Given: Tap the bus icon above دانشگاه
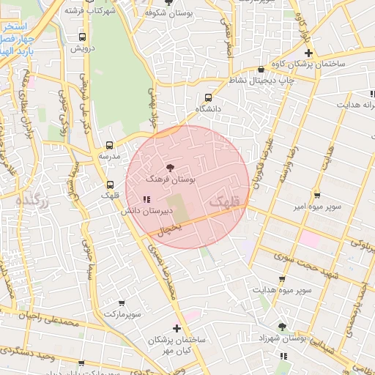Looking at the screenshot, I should [x=209, y=97].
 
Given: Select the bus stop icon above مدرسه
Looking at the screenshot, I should [x=109, y=145].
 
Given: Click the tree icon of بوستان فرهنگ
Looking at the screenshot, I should [x=171, y=168].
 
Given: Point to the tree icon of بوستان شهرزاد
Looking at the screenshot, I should [x=282, y=327].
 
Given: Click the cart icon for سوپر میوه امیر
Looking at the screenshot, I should [x=316, y=196].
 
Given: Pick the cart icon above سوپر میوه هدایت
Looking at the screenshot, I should [x=282, y=279].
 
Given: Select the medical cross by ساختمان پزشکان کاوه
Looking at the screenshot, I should [x=309, y=53].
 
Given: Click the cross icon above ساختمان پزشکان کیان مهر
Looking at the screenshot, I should [x=176, y=328].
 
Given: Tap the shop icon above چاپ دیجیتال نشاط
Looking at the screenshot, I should [x=261, y=70].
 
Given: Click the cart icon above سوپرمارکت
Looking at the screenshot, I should [x=121, y=302].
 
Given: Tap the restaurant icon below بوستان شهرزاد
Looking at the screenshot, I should [x=283, y=357].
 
